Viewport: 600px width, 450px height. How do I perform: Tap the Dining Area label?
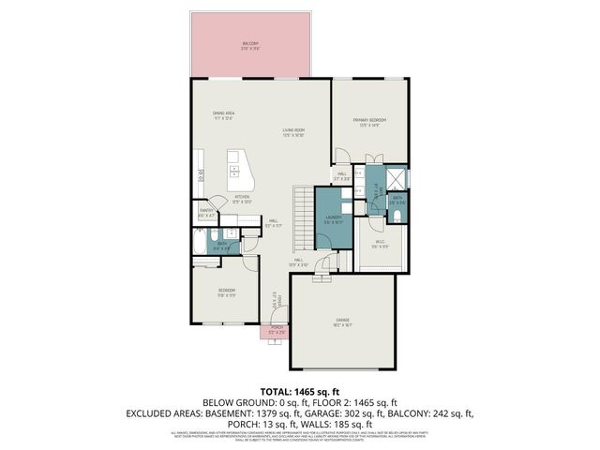pyautogui.click(x=222, y=115)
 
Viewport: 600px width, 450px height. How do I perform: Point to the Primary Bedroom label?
pyautogui.click(x=369, y=122)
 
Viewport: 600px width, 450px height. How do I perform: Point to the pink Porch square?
pyautogui.click(x=277, y=331)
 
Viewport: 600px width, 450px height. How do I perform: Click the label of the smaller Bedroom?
pyautogui.click(x=227, y=292)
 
